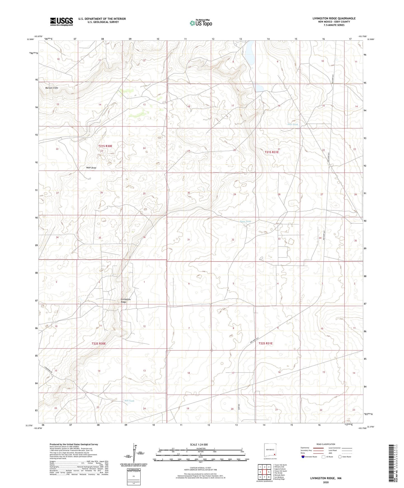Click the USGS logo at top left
tap(62, 21)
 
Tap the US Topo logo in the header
tap(200, 23)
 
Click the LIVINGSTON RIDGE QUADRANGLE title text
tap(334, 18)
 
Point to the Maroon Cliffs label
tap(52, 88)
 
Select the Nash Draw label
tap(91, 168)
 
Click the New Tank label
tap(293, 124)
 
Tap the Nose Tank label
tap(245, 222)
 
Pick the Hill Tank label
tap(129, 401)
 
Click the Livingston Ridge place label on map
tap(124, 300)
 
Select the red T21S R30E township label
tap(105, 146)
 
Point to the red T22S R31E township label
tap(265, 343)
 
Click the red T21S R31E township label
tap(271, 152)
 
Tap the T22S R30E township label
tap(99, 343)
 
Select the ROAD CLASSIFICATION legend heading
tap(326, 444)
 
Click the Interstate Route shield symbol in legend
tap(303, 457)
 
